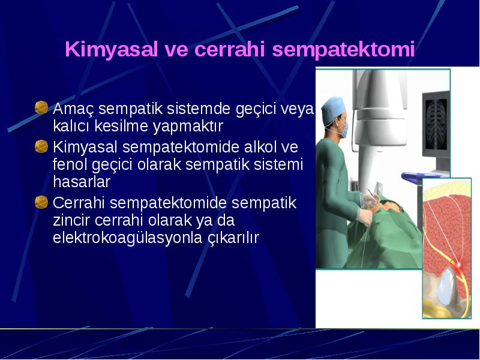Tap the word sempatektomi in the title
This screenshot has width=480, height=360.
point(343,50)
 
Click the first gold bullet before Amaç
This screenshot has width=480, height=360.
point(41,107)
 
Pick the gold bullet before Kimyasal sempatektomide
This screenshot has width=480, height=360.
point(41,146)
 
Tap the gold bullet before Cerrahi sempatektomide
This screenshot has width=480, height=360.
point(41,202)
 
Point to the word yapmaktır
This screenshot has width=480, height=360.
point(188,127)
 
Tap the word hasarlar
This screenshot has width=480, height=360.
point(82,182)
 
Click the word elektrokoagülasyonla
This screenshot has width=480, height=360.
point(127,238)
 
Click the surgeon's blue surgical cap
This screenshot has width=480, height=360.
point(332,110)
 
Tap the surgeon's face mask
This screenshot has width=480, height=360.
point(344,130)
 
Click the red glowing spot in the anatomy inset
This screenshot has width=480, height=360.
point(458,263)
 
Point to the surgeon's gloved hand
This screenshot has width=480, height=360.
point(365,217)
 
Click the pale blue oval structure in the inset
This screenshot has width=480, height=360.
point(445,286)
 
